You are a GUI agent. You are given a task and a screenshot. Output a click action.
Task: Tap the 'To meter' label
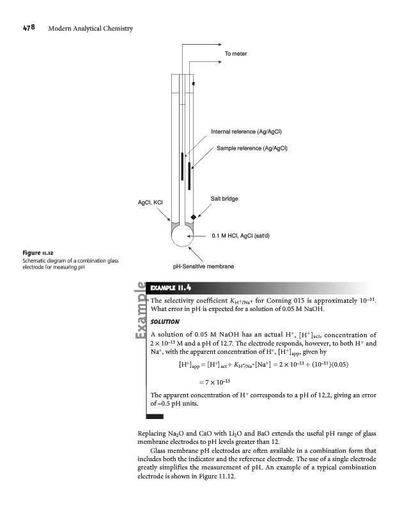237,54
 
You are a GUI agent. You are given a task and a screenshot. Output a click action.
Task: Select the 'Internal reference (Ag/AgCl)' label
247,132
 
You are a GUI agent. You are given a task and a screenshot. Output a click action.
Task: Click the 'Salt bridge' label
224,199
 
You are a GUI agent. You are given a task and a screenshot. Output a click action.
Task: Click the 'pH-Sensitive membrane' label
203,265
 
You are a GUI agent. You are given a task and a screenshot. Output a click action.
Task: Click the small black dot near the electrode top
193,83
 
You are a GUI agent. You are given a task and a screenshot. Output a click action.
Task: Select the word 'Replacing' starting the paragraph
153,434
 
